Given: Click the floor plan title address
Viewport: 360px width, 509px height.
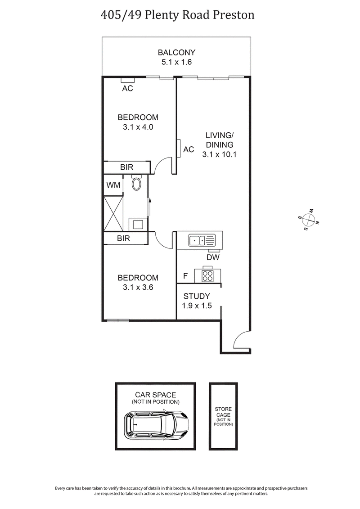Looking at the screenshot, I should [177, 15].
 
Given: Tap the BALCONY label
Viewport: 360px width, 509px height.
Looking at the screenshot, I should [176, 52].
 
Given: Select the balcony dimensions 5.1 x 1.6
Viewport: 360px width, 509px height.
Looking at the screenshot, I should [176, 62].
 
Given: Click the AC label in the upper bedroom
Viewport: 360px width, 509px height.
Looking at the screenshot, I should [128, 88].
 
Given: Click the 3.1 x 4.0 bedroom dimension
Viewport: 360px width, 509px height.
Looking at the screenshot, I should [138, 127].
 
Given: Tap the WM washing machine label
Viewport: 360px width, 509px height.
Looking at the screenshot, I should [112, 185].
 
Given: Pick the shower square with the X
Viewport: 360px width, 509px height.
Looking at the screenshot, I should [113, 213].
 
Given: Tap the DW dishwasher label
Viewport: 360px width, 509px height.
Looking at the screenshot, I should [213, 257].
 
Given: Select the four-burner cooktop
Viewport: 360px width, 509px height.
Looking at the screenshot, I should [207, 275].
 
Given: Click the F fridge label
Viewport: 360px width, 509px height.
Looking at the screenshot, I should [185, 275].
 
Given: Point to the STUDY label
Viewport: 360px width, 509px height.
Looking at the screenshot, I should [196, 296].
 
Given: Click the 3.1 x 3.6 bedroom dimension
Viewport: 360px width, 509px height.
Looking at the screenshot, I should [138, 288].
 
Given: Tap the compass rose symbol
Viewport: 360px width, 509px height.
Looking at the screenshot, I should [308, 219].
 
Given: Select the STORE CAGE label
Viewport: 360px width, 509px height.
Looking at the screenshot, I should [223, 413].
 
